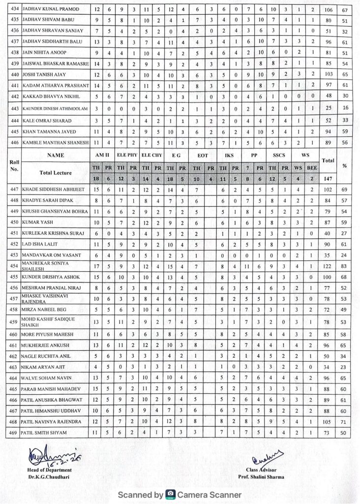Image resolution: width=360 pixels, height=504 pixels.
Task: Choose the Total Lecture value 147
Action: [327, 180]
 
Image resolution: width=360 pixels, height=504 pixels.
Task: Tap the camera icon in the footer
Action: [171, 494]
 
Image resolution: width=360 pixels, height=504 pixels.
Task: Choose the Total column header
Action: [327, 160]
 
